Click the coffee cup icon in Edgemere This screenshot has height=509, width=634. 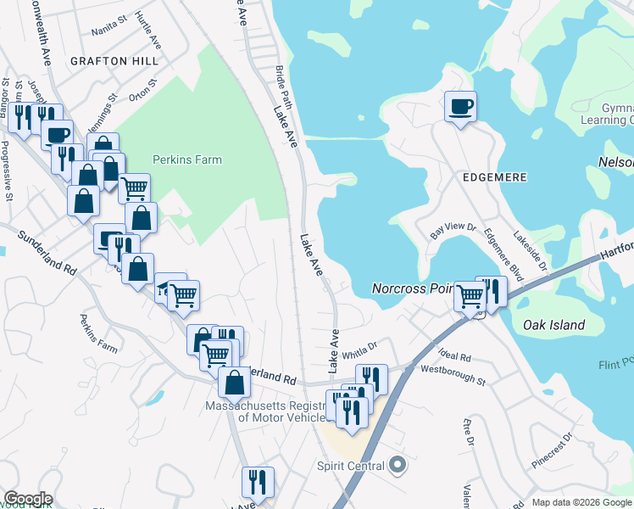coord(460,107)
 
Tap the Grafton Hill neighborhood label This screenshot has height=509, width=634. coord(114,62)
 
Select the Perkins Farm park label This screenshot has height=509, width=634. coord(186,159)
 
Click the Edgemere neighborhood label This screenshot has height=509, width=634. coord(495,177)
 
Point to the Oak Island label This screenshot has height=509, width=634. coord(553,325)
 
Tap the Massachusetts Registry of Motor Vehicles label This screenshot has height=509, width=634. coord(266,411)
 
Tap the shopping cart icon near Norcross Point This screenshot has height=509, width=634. coord(469,296)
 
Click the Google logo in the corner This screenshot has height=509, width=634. coord(28,499)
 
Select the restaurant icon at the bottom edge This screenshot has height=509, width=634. coord(257,482)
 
